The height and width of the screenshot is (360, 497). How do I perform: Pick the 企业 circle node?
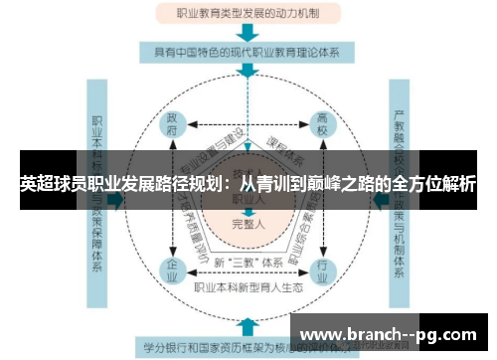coord(172,268)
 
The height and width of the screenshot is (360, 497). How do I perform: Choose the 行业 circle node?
coord(321,268)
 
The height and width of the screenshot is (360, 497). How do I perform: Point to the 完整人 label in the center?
coord(247,223)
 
